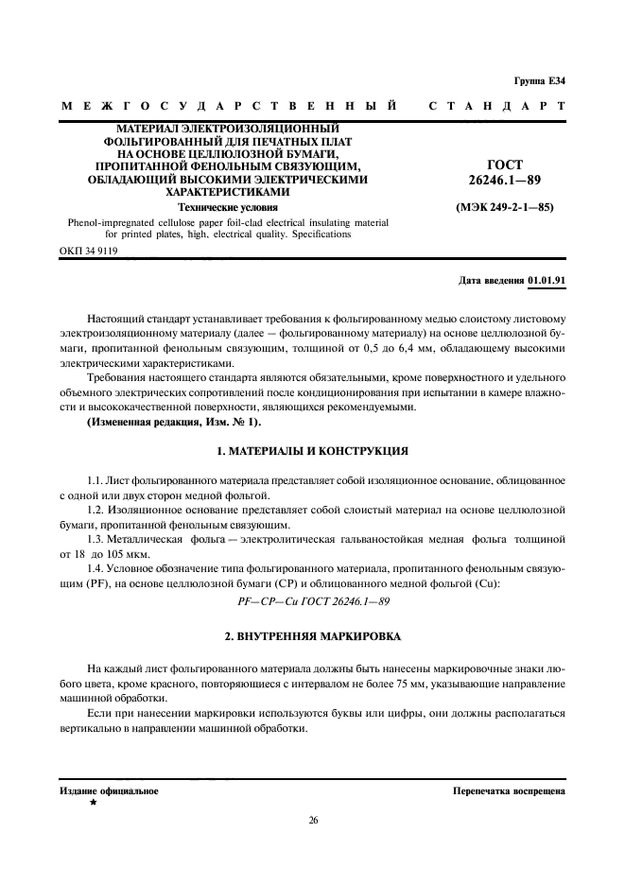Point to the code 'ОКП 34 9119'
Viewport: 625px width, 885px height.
[89, 252]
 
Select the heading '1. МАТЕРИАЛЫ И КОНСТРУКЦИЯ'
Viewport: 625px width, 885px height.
[312, 451]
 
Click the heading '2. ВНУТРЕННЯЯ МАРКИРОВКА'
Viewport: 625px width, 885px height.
[312, 637]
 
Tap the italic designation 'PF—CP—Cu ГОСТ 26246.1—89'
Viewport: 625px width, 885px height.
[312, 600]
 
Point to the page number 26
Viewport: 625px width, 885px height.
[312, 820]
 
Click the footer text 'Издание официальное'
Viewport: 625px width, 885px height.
[109, 790]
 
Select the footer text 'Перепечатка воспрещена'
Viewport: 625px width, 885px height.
[509, 790]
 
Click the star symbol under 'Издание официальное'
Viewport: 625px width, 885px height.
[93, 802]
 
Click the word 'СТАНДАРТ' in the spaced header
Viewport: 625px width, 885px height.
[496, 106]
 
